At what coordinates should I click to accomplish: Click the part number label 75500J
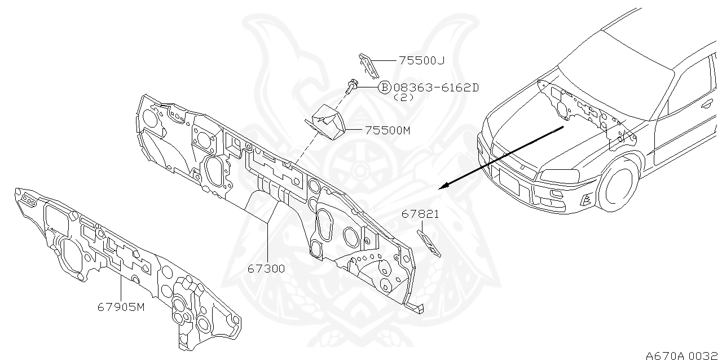point(421,60)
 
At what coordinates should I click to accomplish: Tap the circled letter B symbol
point(384,87)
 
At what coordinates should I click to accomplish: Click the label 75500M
point(387,130)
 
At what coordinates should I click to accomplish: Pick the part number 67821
point(420,214)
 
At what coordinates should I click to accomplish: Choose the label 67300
point(266,269)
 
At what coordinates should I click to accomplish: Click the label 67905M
point(121,307)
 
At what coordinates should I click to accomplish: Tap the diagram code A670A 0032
point(681,355)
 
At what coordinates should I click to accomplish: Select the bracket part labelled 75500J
point(367,65)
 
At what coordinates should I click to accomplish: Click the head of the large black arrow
point(443,187)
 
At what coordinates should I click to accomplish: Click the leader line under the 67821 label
point(421,225)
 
